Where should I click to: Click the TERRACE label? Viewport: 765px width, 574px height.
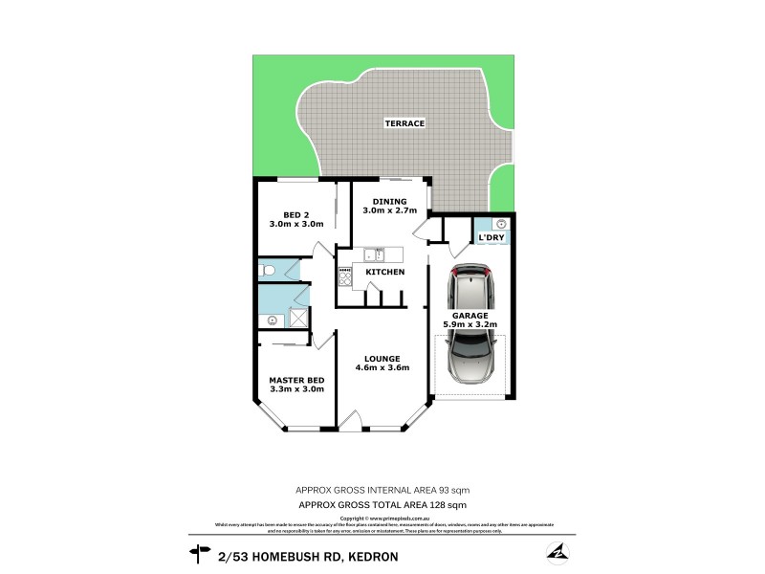pos(404,123)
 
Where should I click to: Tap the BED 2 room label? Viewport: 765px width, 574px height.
pos(296,214)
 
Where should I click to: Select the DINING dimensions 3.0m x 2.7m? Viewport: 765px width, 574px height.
pos(389,210)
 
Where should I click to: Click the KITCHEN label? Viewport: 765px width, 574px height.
pos(385,273)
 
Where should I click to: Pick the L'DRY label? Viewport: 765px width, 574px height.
pos(492,236)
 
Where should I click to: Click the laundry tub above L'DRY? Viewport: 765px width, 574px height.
pos(500,222)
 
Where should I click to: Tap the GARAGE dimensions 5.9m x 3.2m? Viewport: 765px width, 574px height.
pos(470,325)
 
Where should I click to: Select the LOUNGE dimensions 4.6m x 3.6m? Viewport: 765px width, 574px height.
pos(382,367)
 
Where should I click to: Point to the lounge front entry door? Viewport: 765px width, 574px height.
pos(351,422)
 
